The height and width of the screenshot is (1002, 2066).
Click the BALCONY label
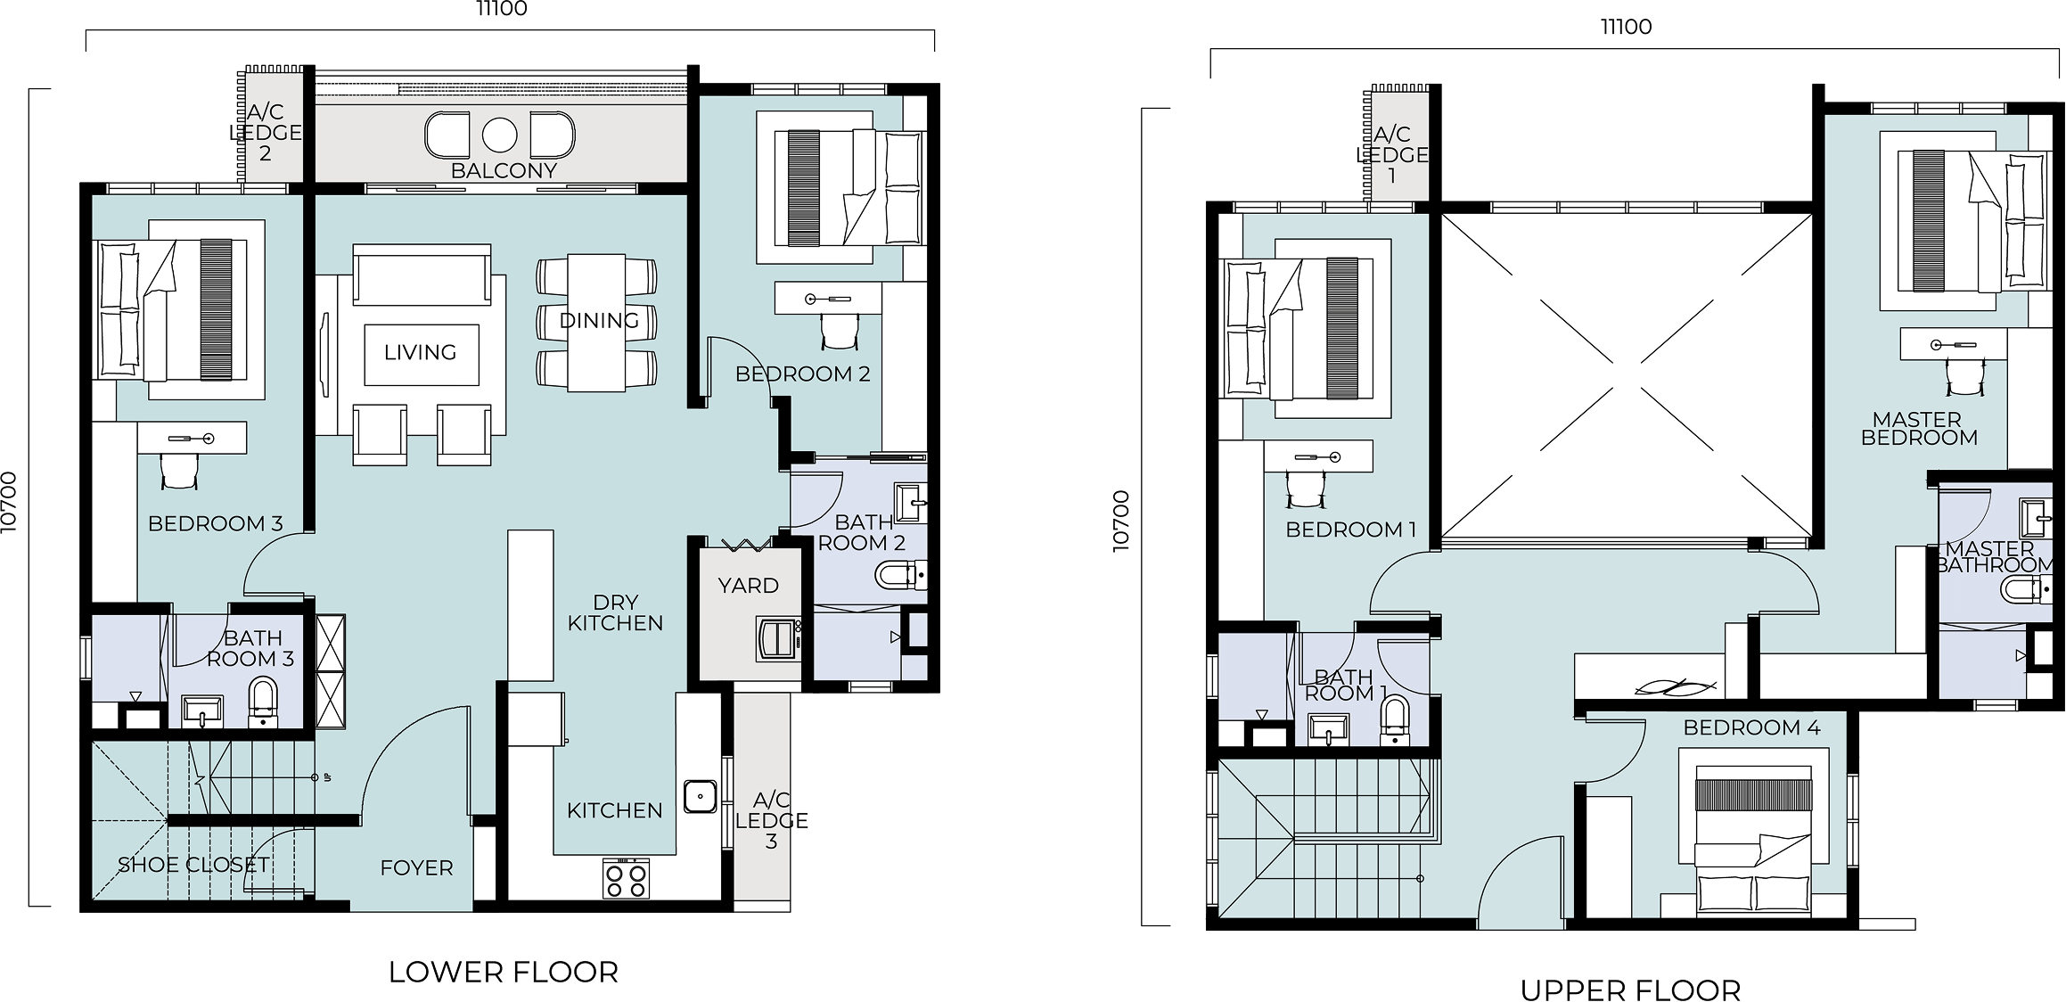504,170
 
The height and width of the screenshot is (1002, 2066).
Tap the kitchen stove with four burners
626,878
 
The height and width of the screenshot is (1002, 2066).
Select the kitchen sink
701,796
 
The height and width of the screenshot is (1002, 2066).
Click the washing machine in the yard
778,638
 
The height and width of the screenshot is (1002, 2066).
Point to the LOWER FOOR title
504,972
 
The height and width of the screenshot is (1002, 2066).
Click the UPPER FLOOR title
1630,990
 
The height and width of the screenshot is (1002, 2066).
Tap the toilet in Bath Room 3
263,702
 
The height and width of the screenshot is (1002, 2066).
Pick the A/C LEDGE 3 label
771,820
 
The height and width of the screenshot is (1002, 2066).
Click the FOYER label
416,867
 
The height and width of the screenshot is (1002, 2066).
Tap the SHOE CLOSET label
193,864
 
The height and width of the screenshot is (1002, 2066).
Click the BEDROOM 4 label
1751,727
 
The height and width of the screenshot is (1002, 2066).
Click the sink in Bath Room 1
1329,728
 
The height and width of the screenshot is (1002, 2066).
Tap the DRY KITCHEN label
615,612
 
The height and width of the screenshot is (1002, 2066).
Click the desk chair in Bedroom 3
179,471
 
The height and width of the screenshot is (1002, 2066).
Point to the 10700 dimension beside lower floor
10,503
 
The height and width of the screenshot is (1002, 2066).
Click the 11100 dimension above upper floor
1627,27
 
